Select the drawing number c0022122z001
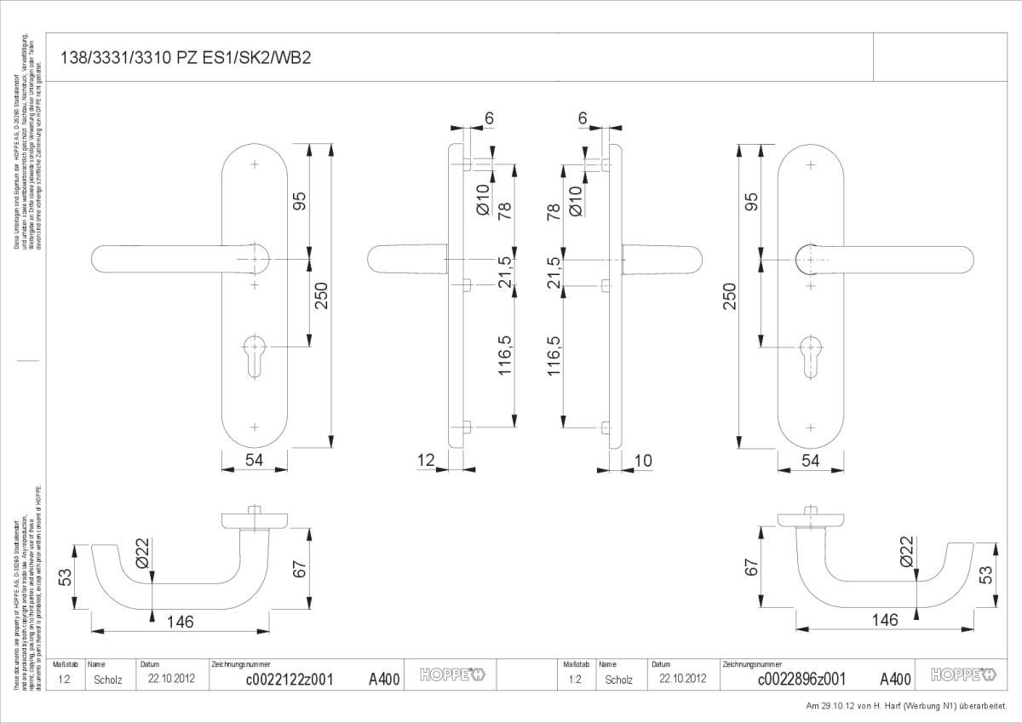(x=289, y=679)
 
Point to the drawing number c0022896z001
(x=801, y=679)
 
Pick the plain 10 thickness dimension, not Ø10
(x=643, y=461)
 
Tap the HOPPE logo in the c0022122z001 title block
(x=452, y=676)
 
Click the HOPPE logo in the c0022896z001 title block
(x=963, y=676)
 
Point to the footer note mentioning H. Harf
(x=906, y=706)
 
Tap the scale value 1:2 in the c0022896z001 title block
(x=574, y=680)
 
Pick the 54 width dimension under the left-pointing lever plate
(x=254, y=461)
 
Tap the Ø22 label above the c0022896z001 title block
(x=905, y=551)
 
